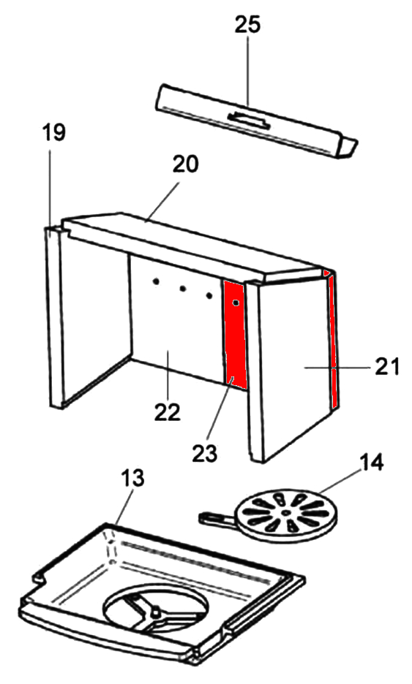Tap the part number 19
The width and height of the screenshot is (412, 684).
(53, 132)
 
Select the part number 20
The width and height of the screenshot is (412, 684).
(185, 164)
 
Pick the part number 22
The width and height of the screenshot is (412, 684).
(168, 411)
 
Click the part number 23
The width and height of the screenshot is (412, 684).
(204, 453)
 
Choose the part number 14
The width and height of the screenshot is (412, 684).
(371, 463)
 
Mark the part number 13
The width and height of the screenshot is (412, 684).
(132, 478)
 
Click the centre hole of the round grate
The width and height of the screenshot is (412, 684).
(285, 513)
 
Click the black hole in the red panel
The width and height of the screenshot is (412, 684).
(236, 303)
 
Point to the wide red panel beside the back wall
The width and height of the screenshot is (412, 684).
(235, 334)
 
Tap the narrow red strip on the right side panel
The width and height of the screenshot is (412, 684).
(333, 339)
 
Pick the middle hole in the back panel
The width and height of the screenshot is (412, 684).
(183, 289)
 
